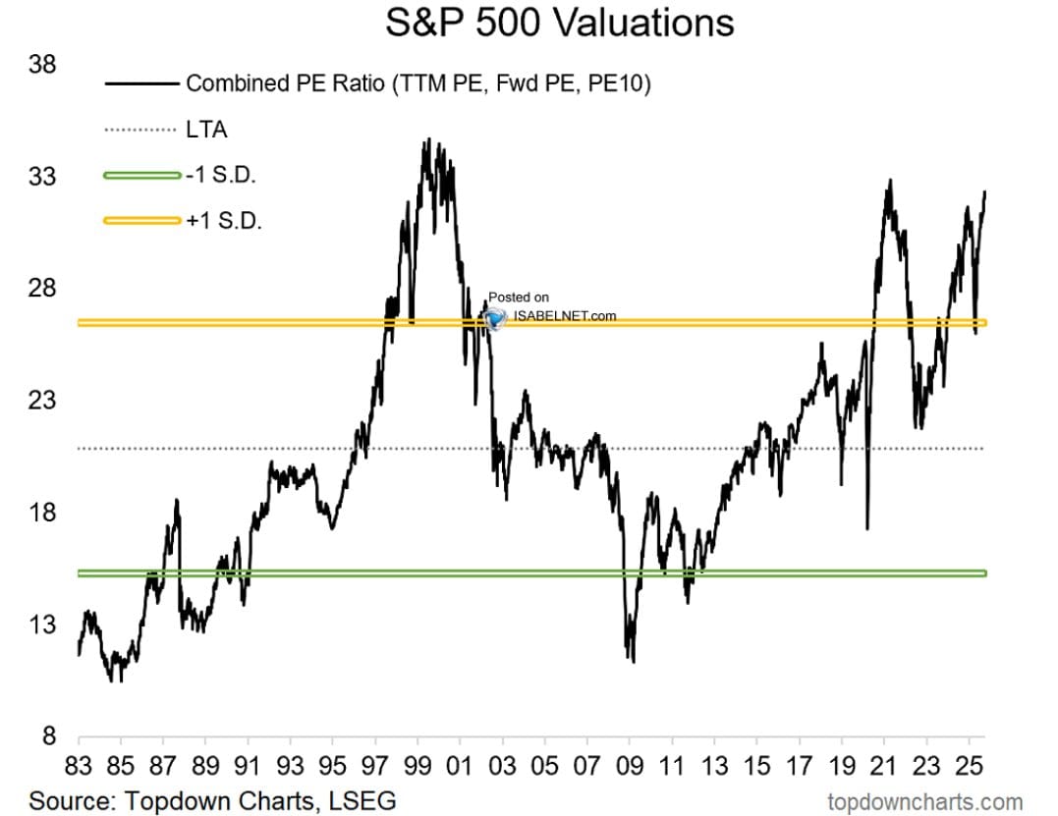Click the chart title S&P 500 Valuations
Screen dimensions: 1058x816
[x=559, y=22]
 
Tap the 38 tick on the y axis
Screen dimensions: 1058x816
[x=42, y=64]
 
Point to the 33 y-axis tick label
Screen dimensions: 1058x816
[x=42, y=176]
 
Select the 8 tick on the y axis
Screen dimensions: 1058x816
[x=48, y=735]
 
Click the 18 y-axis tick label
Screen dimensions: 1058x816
[x=42, y=512]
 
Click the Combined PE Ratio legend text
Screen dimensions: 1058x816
[x=418, y=83]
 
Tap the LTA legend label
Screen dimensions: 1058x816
[x=206, y=130]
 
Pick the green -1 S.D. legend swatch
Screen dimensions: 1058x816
[x=142, y=176]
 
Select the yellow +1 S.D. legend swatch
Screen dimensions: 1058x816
[x=142, y=221]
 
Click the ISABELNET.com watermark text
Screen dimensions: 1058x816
[x=565, y=315]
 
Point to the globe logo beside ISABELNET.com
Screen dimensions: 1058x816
[x=495, y=317]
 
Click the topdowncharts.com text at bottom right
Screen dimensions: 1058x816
[x=925, y=802]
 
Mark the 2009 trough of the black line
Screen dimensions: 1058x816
[x=633, y=661]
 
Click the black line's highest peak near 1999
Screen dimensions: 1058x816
[x=427, y=140]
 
